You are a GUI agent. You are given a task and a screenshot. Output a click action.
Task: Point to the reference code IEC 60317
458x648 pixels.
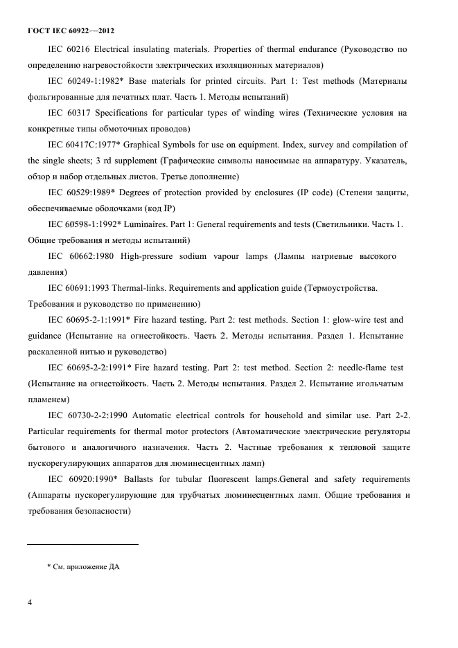[x=69, y=113]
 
